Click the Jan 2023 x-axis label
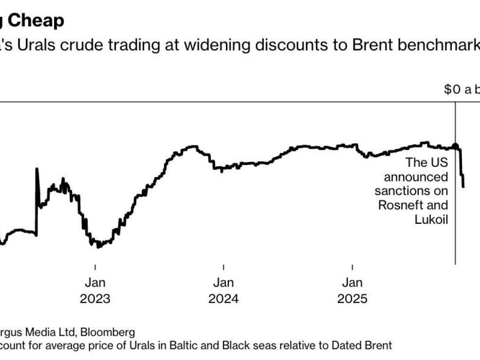[x=95, y=290]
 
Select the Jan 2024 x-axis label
[x=223, y=290]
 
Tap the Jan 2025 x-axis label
[x=352, y=290]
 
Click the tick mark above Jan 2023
[x=95, y=267]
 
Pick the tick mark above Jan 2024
[x=223, y=267]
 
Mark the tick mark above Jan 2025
[x=352, y=267]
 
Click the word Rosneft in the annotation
[x=413, y=205]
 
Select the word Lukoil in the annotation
[x=431, y=219]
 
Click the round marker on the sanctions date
[x=455, y=146]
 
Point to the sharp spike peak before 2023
[x=37, y=169]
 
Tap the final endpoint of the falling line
[x=463, y=186]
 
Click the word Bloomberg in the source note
[x=108, y=333]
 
